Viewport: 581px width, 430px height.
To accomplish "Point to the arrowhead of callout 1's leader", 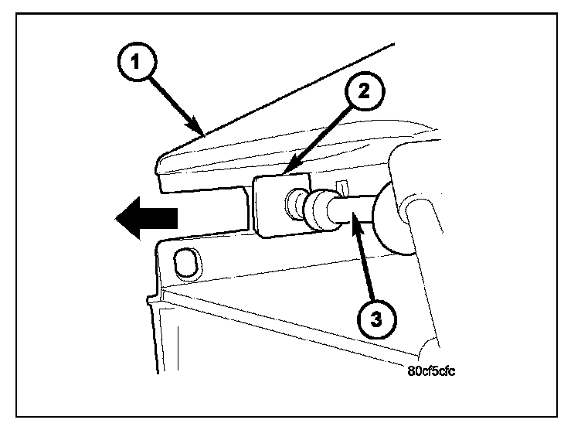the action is pyautogui.click(x=202, y=134).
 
